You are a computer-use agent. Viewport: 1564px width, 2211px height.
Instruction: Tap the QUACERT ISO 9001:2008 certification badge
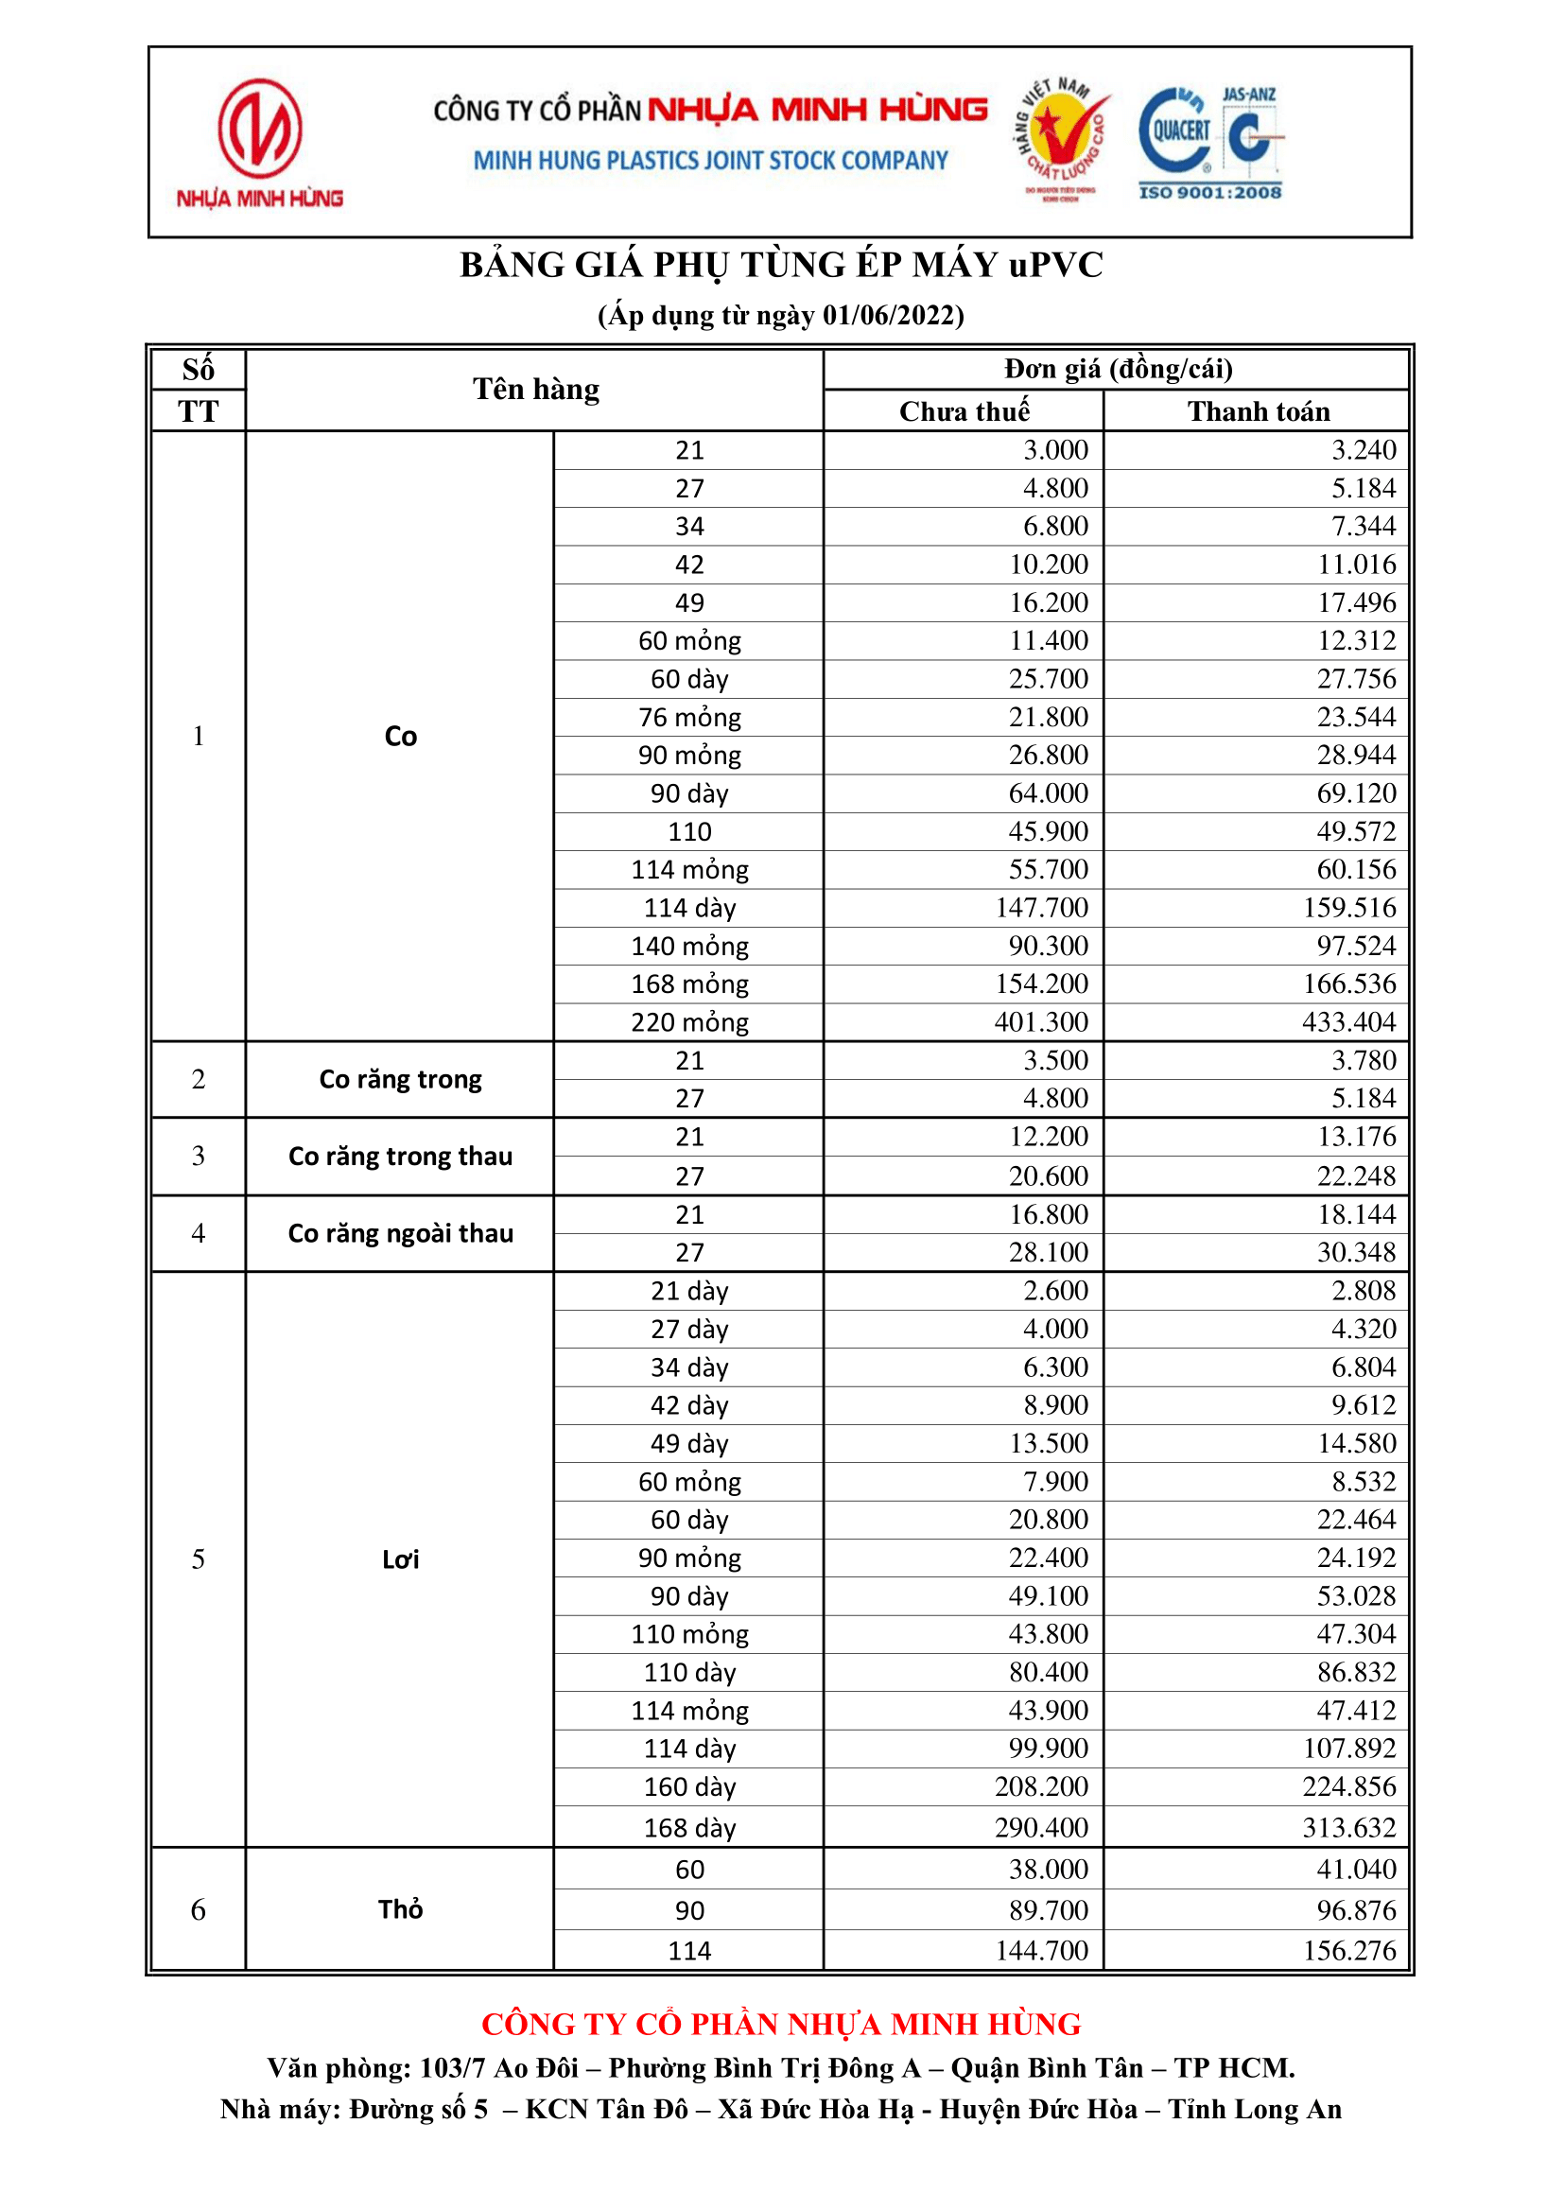1210,142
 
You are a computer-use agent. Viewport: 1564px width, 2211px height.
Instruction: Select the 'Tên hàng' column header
535,389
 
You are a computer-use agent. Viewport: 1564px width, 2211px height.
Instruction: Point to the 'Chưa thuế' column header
964,411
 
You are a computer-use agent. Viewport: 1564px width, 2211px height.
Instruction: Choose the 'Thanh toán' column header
1258,411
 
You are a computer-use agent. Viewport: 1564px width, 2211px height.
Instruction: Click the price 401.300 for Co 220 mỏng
1041,1021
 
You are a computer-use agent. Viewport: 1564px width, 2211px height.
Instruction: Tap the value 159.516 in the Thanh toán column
1348,907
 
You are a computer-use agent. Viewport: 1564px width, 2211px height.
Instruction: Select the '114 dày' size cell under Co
689,907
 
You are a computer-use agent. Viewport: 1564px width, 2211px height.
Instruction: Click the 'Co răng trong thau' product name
401,1156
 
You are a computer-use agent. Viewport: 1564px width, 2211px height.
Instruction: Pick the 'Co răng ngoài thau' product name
401,1232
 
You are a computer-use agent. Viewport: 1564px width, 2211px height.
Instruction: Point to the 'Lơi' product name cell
401,1559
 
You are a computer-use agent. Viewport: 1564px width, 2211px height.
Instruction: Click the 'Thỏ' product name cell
401,1908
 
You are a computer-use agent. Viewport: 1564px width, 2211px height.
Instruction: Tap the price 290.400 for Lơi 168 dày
1041,1827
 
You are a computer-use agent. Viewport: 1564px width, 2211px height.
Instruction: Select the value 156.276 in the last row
1348,1950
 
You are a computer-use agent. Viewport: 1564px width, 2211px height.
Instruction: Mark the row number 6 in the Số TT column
199,1908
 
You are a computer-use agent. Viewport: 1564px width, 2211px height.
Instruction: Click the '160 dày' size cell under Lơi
689,1786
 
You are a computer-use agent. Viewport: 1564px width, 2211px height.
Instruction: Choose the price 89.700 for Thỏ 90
1048,1909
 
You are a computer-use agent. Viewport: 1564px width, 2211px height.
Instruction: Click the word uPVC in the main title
1055,265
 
